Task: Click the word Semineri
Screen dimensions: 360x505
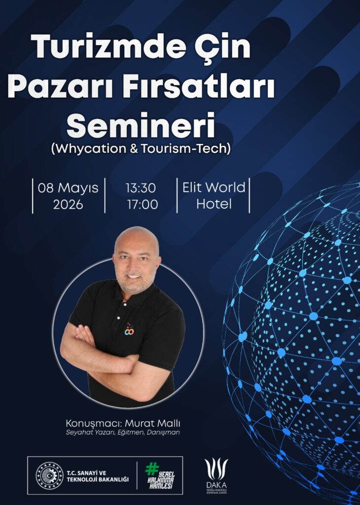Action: point(141,125)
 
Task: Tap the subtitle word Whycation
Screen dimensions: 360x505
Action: point(91,149)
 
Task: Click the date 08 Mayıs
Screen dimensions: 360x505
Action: point(68,188)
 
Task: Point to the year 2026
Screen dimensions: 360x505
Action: point(68,205)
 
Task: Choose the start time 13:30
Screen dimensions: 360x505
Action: point(141,188)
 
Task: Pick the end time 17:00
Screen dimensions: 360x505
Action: point(143,205)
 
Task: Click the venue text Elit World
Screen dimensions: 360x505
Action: point(214,187)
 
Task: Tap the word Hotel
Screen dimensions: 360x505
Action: point(214,204)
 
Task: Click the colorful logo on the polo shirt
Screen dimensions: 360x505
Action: point(129,329)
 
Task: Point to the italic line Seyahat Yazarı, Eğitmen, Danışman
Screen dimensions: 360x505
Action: point(123,433)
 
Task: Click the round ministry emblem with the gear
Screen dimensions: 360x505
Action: point(50,475)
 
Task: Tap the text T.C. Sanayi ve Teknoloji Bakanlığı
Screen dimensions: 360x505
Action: point(98,476)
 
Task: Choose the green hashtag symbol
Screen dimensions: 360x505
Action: point(152,469)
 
